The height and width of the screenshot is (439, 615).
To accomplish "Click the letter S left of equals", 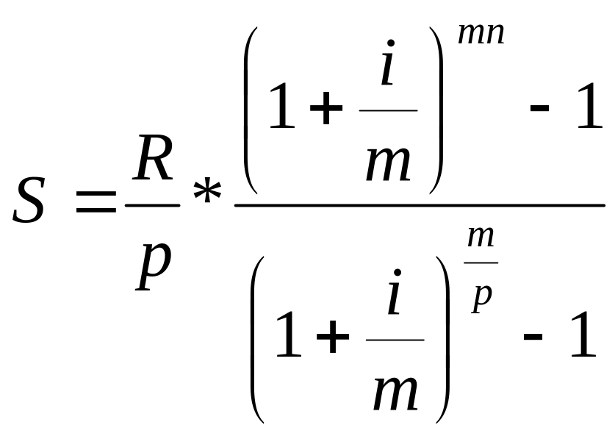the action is pos(29,201).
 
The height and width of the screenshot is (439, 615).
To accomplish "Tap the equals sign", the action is pos(96,201).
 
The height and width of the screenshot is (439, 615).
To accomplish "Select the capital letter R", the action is pos(153,158).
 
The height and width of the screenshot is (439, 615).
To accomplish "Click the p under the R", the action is pos(154,266).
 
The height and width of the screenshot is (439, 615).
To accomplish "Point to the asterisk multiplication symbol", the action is pos(207,193).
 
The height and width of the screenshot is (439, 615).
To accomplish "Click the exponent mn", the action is pos(481,34).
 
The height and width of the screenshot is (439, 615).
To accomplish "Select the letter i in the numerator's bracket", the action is pos(388,63).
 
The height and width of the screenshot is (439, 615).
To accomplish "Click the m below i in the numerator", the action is pos(388,164).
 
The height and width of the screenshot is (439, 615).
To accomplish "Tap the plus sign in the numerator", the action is pos(326,107).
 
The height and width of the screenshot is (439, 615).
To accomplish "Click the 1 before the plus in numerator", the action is pos(282,107).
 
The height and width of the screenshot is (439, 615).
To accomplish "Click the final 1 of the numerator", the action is pos(589,105).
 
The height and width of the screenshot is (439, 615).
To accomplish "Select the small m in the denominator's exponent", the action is pos(481,238).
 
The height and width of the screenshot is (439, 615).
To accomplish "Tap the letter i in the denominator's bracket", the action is pos(395,292).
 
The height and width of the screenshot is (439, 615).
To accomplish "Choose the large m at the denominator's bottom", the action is pos(395,393).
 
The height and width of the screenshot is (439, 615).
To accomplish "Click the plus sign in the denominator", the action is pos(333,337).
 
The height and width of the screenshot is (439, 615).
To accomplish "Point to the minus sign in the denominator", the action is pos(533,337).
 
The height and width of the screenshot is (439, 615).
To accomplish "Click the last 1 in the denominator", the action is pos(583,334).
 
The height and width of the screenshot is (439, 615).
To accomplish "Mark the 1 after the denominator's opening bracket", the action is pos(289,335).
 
